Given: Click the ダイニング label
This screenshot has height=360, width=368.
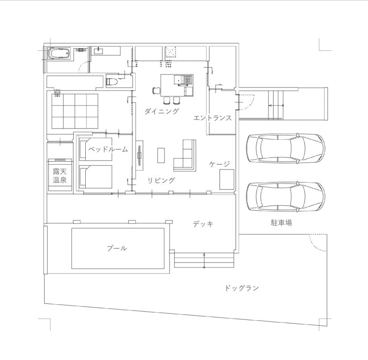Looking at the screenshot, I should pyautogui.click(x=161, y=112).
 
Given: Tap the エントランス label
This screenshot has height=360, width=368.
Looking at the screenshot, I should pyautogui.click(x=213, y=118).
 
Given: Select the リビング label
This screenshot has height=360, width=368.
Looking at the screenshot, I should pyautogui.click(x=161, y=181).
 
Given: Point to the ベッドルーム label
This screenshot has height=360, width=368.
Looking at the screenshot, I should pyautogui.click(x=108, y=149).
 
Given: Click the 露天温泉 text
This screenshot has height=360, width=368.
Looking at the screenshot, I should pyautogui.click(x=59, y=176).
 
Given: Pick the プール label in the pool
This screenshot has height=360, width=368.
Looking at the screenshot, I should pyautogui.click(x=117, y=248).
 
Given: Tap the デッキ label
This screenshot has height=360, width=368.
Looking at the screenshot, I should pyautogui.click(x=203, y=224).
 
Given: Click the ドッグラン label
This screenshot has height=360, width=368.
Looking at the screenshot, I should pyautogui.click(x=242, y=288).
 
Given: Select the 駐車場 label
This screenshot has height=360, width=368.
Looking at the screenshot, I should pyautogui.click(x=281, y=223).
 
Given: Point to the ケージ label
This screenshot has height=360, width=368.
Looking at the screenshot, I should pyautogui.click(x=220, y=164).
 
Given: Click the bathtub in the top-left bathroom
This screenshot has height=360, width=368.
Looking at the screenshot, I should pyautogui.click(x=59, y=54).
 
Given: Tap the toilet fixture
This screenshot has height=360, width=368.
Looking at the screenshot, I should pyautogui.click(x=112, y=82).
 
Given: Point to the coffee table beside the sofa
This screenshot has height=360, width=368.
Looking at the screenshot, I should pyautogui.click(x=161, y=155).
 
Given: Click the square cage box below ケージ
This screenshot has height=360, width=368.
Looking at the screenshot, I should pyautogui.click(x=226, y=179).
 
